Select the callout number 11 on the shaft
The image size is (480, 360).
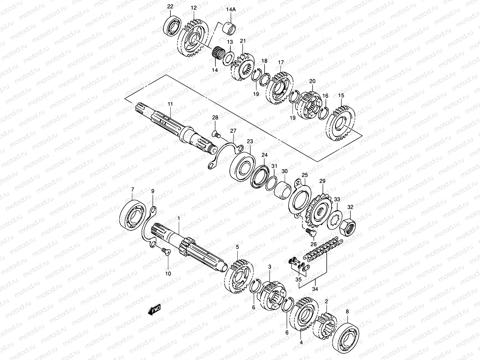coord(170,104)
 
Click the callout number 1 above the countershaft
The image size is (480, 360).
coord(178,219)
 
